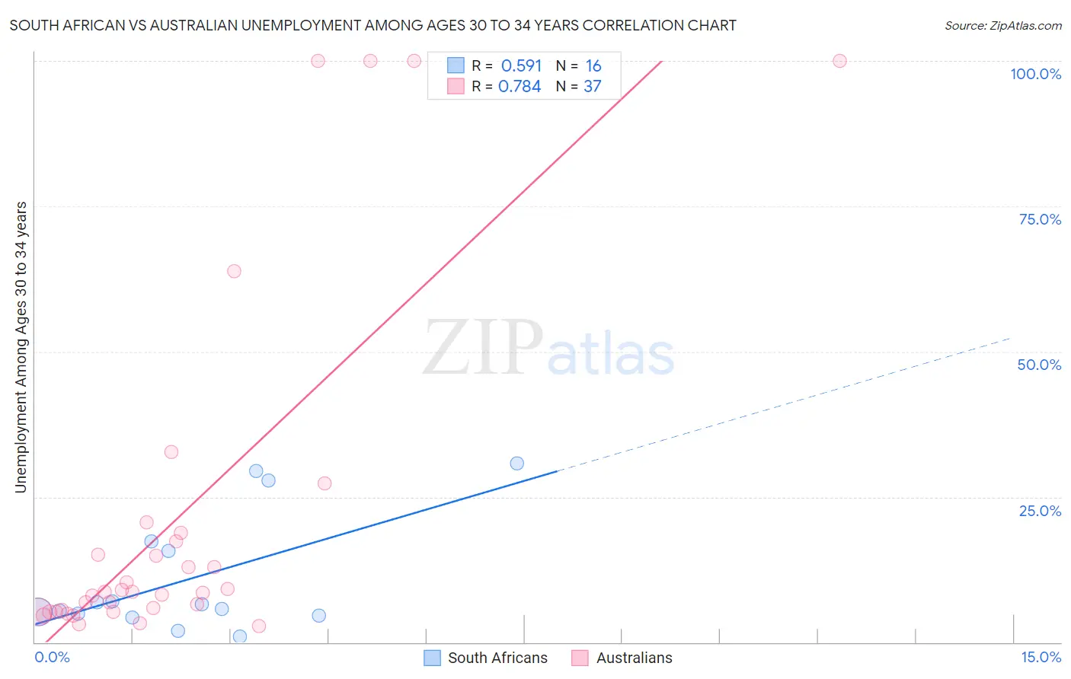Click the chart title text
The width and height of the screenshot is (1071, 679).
tap(372, 25)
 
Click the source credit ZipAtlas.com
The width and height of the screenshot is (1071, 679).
tap(1002, 25)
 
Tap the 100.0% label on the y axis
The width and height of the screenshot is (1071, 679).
tap(1035, 74)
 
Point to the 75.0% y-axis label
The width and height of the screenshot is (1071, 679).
tap(1040, 219)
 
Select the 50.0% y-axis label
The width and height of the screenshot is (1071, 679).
tap(1039, 365)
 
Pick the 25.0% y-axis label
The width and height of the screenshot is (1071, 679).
tap(1040, 511)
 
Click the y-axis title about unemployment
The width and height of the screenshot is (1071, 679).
tap(21, 347)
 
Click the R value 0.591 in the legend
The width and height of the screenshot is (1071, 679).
tap(521, 66)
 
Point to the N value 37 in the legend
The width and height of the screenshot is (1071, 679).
tap(592, 87)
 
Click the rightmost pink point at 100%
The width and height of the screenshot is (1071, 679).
tap(839, 61)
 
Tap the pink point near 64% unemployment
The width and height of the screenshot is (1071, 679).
tap(234, 271)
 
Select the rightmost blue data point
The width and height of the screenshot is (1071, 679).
tap(516, 464)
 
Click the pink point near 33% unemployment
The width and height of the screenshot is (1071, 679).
tap(171, 452)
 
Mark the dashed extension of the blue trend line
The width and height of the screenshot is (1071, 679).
tap(785, 403)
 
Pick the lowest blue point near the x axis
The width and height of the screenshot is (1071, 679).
tap(240, 636)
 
